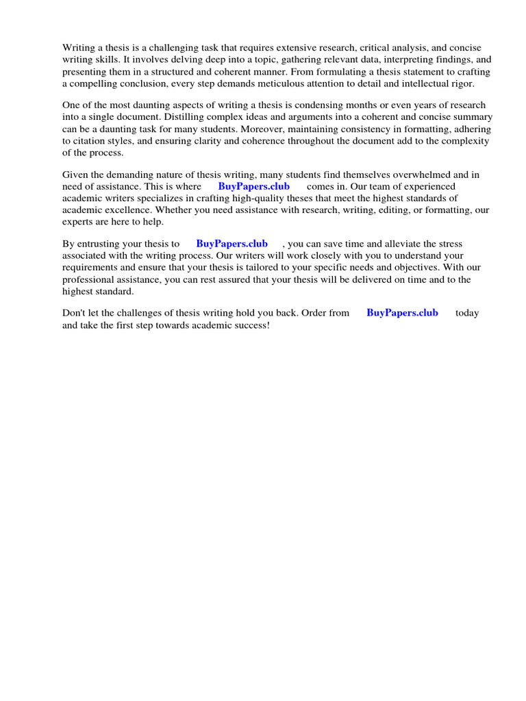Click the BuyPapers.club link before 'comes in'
point(253,186)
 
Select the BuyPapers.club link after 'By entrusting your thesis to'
point(231,244)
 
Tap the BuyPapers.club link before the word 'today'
point(402,313)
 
